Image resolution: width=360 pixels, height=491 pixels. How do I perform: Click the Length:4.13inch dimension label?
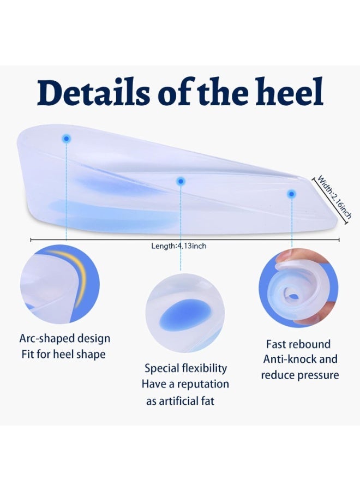(178, 246)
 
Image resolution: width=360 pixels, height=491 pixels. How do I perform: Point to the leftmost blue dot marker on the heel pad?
(66, 139)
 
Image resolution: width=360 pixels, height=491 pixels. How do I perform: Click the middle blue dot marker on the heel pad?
(181, 181)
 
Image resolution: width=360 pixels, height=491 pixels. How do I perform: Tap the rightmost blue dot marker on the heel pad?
(292, 193)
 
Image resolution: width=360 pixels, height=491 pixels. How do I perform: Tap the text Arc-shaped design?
(64, 338)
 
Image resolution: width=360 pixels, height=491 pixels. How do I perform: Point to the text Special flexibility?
(185, 368)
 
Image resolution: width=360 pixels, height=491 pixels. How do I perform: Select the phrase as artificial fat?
(180, 401)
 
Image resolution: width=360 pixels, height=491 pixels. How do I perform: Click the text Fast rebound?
(298, 344)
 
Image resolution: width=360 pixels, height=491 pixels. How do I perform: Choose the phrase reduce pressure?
(299, 375)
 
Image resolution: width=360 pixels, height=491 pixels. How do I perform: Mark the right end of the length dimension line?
(339, 239)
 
